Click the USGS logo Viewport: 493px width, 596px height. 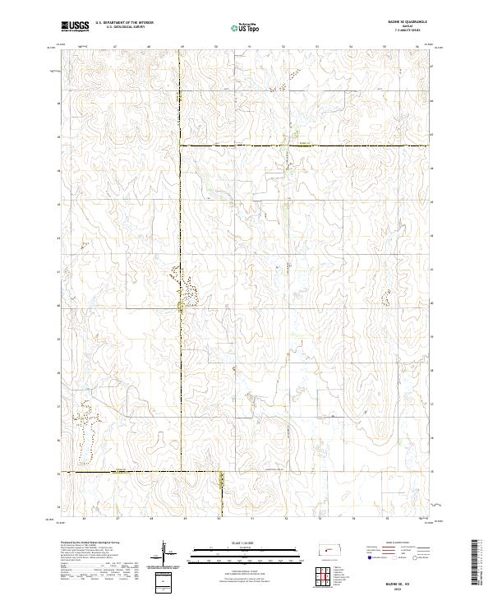(76, 27)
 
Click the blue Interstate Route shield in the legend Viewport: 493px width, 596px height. (366, 556)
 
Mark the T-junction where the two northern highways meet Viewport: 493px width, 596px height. (181, 146)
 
